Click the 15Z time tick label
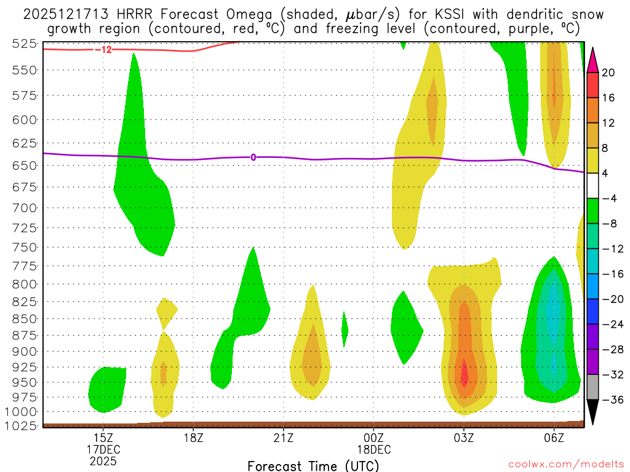click(x=103, y=438)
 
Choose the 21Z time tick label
click(x=284, y=438)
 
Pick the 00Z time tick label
click(x=373, y=438)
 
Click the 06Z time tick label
click(x=554, y=438)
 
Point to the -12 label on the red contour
click(x=103, y=49)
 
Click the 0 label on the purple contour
click(x=253, y=157)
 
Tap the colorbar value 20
click(x=608, y=73)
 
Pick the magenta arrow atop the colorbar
click(x=592, y=60)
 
